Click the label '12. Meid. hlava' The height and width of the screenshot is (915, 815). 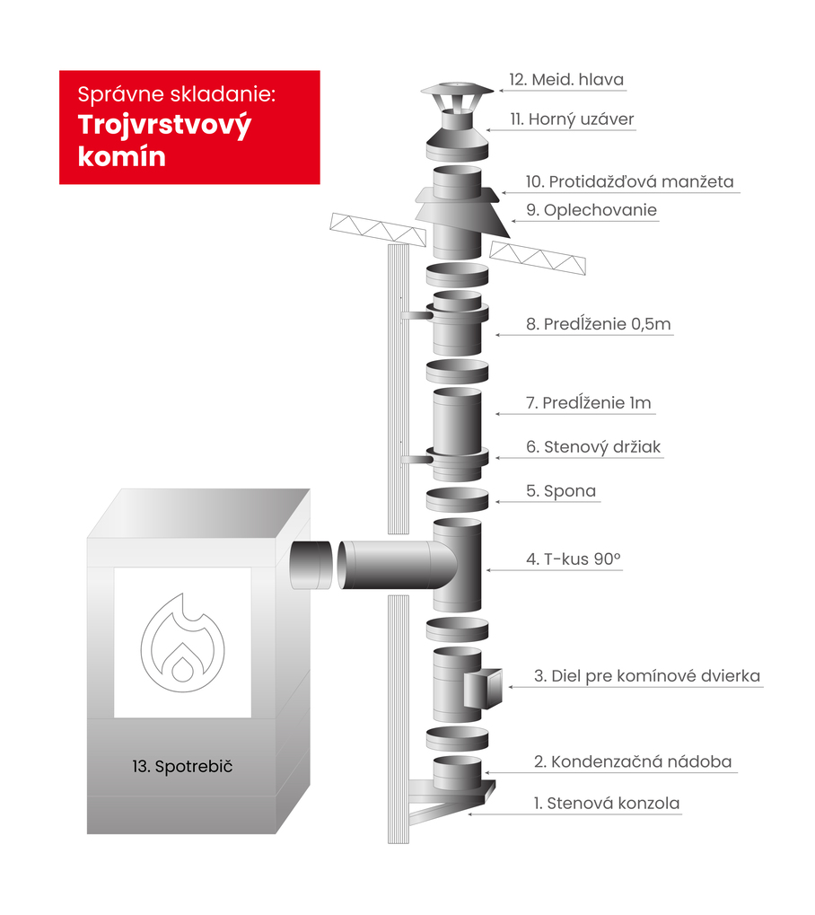click(566, 79)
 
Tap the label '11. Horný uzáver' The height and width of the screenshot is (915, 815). click(572, 119)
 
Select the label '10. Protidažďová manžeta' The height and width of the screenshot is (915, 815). click(629, 181)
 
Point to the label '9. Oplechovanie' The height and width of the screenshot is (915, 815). click(592, 210)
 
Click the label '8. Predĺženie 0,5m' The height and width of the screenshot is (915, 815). click(599, 324)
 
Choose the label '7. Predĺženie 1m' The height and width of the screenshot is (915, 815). click(589, 402)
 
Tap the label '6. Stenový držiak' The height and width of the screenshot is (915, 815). click(593, 447)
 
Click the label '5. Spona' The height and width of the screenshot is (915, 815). click(561, 491)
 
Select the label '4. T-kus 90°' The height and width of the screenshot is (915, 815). click(574, 559)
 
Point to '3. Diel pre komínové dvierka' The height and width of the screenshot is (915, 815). click(647, 676)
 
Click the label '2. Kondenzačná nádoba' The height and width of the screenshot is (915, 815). click(633, 761)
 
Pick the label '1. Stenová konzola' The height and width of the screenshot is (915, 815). click(607, 804)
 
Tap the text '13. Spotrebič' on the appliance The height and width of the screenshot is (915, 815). click(182, 766)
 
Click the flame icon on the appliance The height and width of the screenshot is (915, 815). click(182, 642)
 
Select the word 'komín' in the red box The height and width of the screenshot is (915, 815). click(122, 156)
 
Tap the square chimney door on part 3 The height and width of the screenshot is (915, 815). click(484, 688)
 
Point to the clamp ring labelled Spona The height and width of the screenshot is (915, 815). click(458, 500)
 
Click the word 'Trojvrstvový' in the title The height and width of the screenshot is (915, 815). click(164, 126)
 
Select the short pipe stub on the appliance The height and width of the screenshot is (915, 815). click(311, 565)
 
